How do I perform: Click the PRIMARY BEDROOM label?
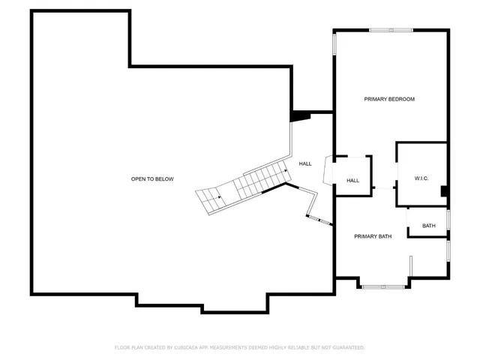point(389,99)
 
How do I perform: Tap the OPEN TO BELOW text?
point(152,178)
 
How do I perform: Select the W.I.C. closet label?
point(421,178)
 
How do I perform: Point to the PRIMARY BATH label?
point(373,236)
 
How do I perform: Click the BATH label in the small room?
point(428,226)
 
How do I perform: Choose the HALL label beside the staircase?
point(305,163)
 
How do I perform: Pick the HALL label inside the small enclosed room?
point(353,181)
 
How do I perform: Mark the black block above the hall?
point(300,115)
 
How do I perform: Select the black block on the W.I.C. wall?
point(445,191)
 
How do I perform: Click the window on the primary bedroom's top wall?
point(391,30)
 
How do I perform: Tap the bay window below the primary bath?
point(382,286)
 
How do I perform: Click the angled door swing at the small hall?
point(325,169)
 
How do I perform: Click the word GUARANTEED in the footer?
point(348,347)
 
